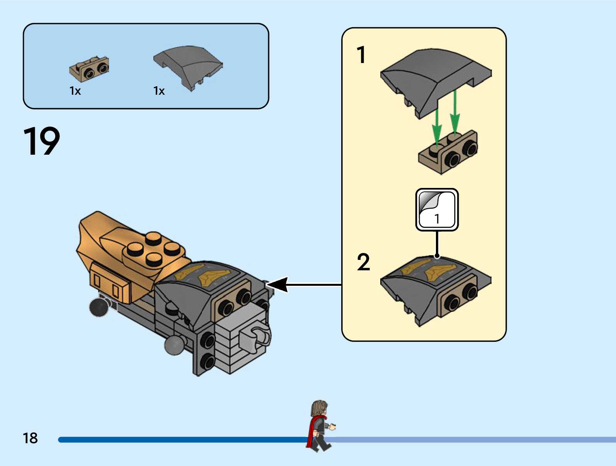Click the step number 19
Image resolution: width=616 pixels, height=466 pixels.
(x=42, y=141)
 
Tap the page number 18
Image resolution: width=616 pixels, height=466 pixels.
(x=30, y=438)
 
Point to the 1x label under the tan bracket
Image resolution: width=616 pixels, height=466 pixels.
(x=75, y=91)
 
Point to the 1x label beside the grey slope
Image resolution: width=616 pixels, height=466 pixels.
(x=159, y=91)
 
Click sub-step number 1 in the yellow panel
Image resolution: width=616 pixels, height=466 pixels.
(x=361, y=55)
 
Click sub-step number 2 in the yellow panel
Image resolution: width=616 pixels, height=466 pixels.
(x=363, y=263)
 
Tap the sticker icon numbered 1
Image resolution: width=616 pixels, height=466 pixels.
(x=437, y=210)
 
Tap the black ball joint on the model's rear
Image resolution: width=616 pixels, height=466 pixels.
(x=99, y=307)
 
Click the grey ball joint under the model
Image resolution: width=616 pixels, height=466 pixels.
(x=175, y=345)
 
